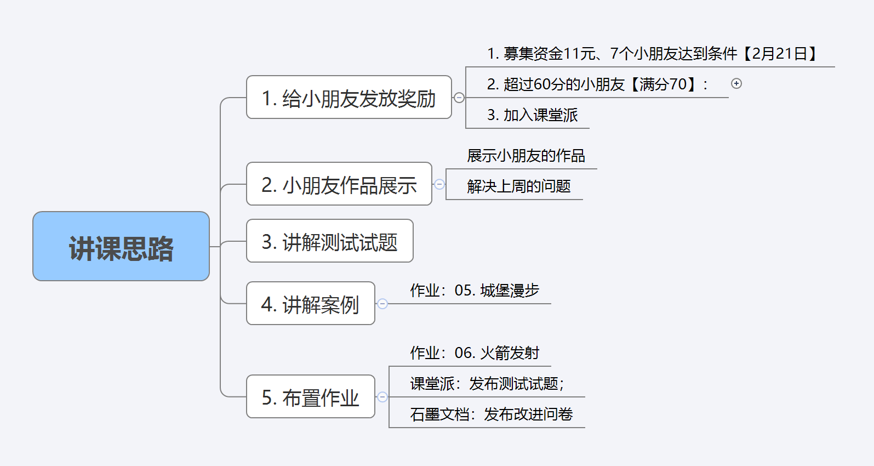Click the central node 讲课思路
click(121, 247)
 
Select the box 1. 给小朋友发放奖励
click(349, 98)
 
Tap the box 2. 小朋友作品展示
click(339, 184)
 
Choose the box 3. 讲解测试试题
click(329, 241)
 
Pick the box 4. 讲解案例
click(310, 304)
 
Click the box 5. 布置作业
click(310, 397)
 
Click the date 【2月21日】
click(779, 54)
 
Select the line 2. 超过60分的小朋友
click(556, 84)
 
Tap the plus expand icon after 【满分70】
click(736, 83)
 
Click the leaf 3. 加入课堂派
click(532, 115)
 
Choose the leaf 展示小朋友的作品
click(525, 156)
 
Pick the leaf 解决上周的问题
click(518, 187)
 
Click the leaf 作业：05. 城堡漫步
click(475, 291)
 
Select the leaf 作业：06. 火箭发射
click(475, 353)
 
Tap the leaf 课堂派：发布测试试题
click(487, 384)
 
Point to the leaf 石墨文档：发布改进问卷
click(491, 414)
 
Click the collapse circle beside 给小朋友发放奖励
click(459, 98)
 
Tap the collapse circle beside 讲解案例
click(382, 304)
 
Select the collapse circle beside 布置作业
click(382, 397)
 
